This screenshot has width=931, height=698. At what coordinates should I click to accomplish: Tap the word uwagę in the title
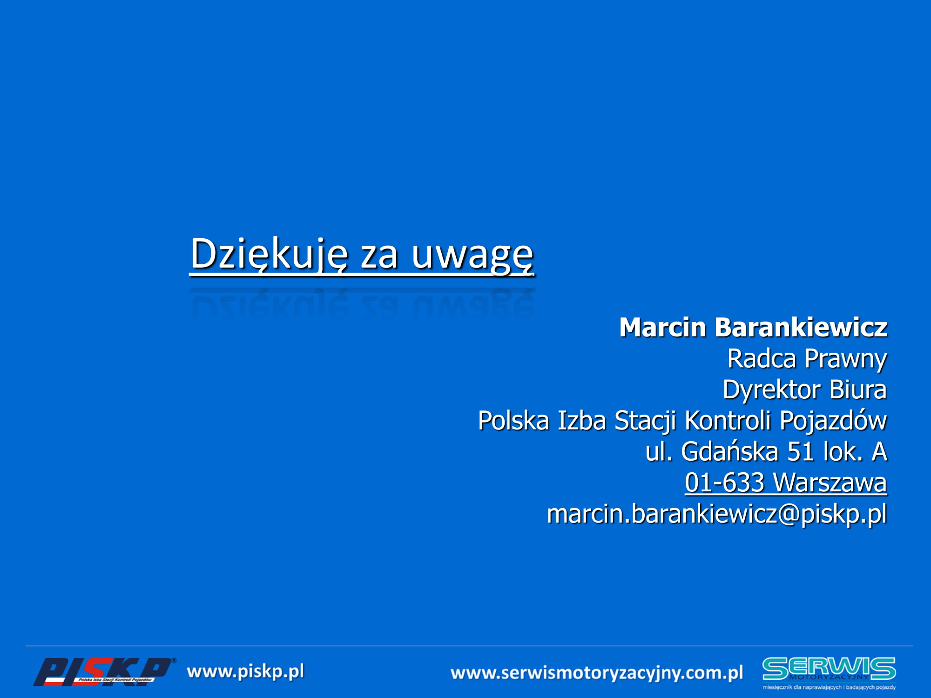(x=472, y=257)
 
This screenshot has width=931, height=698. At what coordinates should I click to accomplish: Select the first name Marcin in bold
(x=663, y=327)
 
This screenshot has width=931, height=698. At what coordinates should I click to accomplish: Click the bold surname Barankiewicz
(x=801, y=327)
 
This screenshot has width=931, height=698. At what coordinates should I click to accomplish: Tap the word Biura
(x=858, y=390)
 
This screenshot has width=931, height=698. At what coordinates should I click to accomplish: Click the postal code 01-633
(x=724, y=483)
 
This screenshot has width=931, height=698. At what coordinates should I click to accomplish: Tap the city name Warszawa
(x=830, y=483)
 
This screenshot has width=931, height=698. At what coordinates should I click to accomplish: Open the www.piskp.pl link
(x=245, y=672)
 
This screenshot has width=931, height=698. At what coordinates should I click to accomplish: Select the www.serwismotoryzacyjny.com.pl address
(x=597, y=673)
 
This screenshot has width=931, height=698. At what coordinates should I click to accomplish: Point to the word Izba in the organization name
(x=581, y=421)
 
